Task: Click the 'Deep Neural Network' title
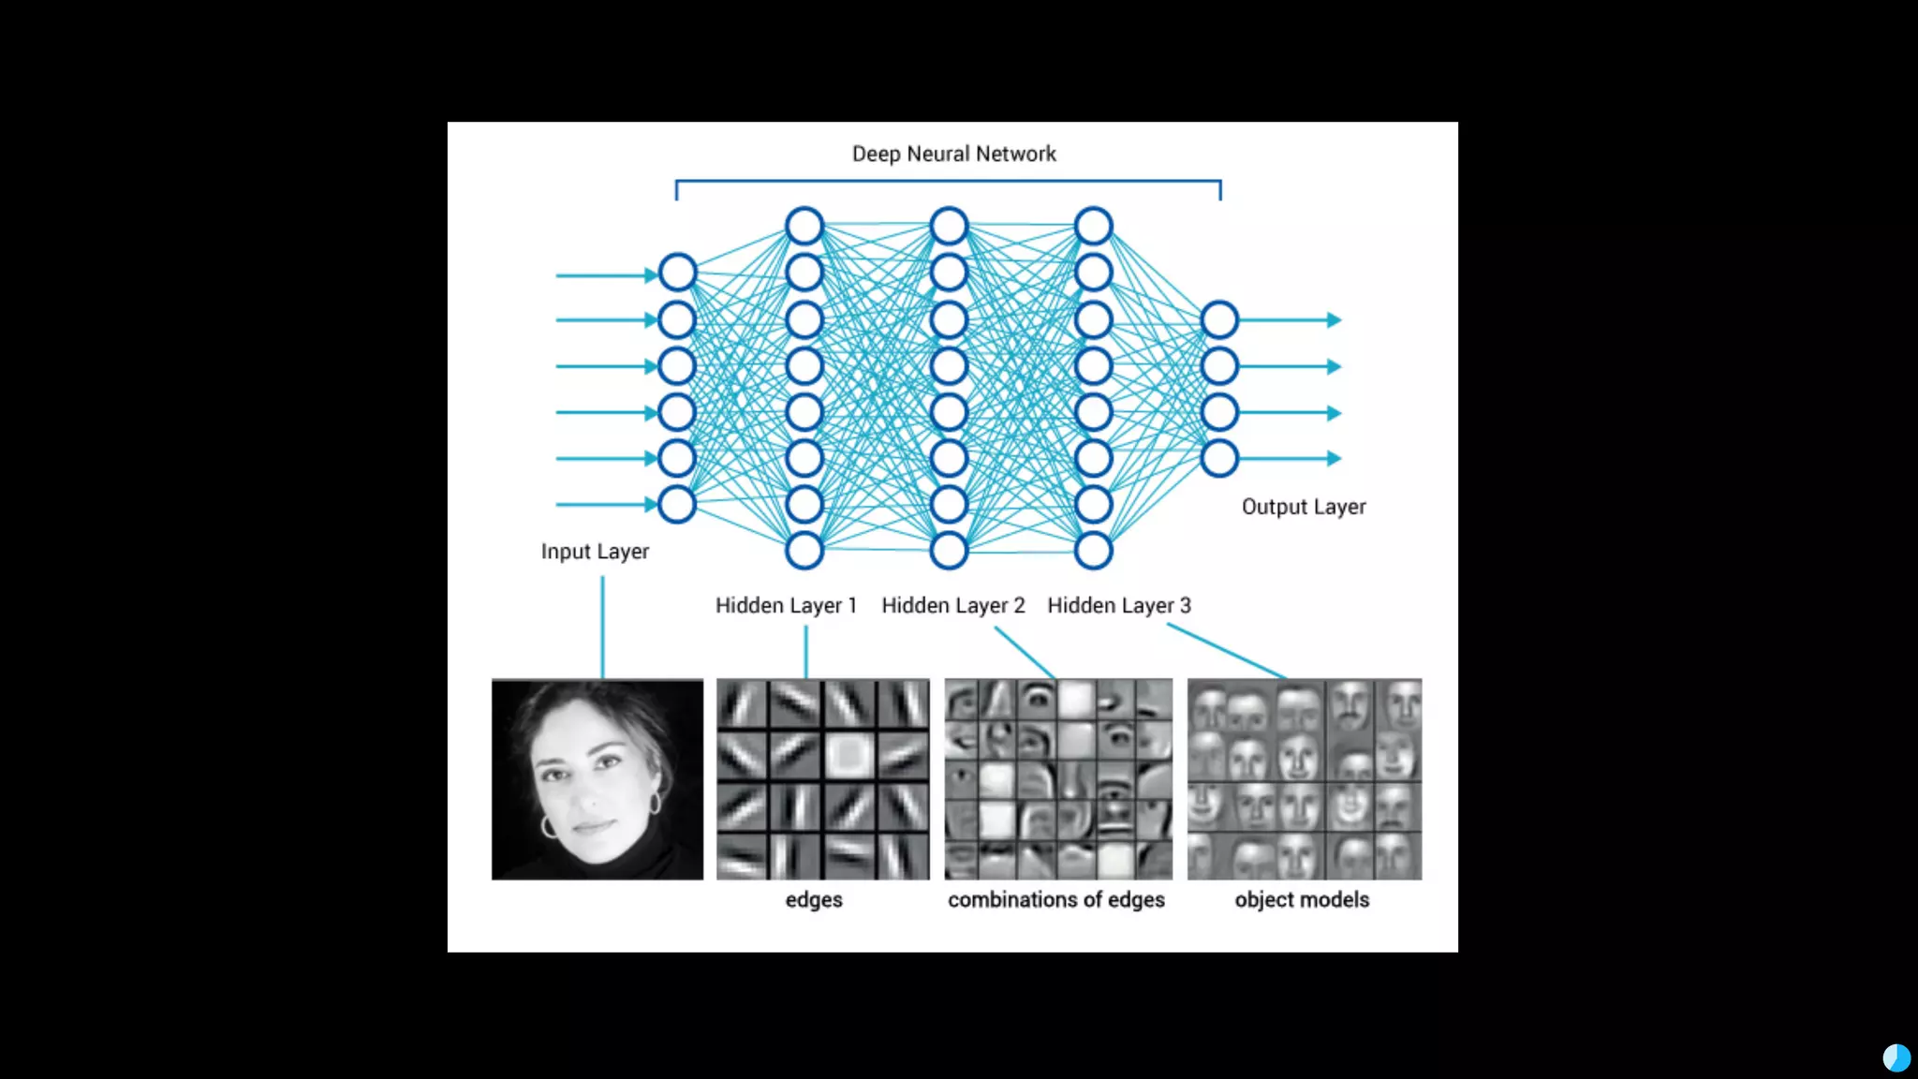coord(953,154)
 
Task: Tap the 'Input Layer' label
coord(595,552)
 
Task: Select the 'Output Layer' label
coord(1303,507)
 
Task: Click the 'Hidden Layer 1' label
coord(786,606)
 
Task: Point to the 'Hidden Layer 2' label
coord(952,606)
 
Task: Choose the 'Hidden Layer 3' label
coord(1118,606)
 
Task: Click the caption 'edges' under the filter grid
coord(813,900)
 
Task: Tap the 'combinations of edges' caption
coord(1055,900)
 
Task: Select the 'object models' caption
coord(1301,900)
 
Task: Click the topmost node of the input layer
coord(677,273)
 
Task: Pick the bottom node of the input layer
coord(677,505)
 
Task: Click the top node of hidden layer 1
coord(804,226)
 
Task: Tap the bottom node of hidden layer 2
coord(949,551)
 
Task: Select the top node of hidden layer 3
coord(1093,226)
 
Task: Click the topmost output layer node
coord(1219,320)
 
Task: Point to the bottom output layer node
coord(1219,459)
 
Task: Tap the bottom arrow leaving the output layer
coord(1292,459)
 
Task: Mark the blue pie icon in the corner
coord(1896,1058)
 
